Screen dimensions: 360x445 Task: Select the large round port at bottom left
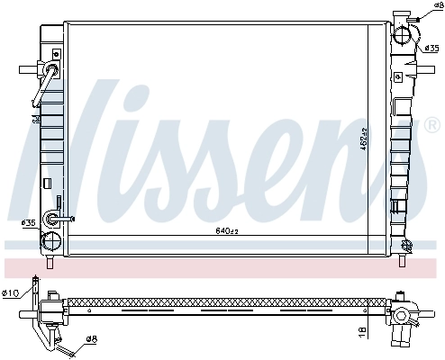click(x=52, y=240)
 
